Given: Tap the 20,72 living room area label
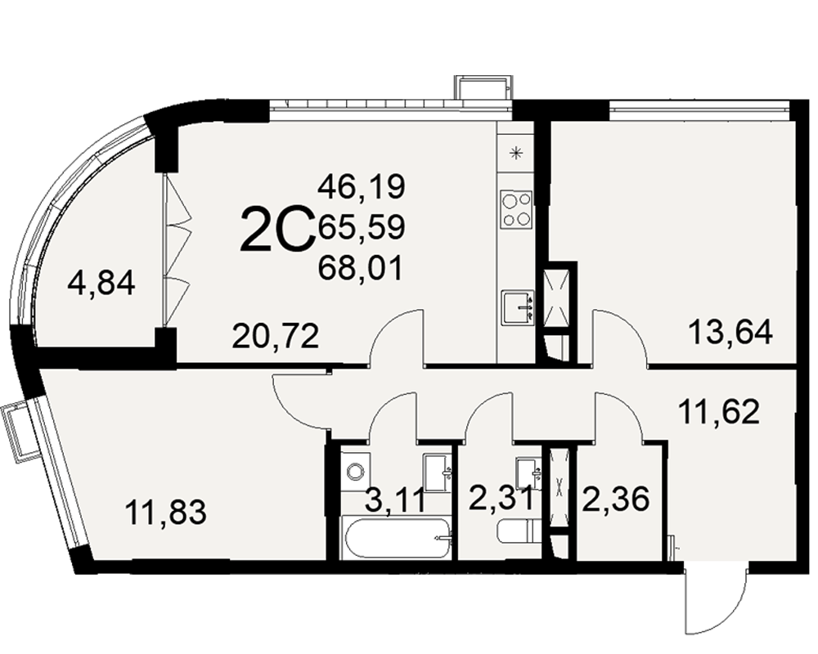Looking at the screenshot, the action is point(276,336).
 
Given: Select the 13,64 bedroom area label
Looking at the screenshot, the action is point(730,332).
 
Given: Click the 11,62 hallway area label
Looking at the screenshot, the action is point(718,412).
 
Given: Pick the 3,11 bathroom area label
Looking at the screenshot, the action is point(394,499).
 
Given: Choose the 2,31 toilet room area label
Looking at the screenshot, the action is point(501,499).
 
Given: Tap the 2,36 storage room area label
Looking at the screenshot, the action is point(616,499).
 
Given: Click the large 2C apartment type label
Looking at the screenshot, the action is point(278,228).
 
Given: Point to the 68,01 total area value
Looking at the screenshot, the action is point(361,269).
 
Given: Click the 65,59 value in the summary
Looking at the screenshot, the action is point(362,227).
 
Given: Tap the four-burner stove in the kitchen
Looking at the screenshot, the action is point(516,209).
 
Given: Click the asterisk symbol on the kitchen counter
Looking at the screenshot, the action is point(516,153).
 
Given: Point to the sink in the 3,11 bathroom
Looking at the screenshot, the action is point(437,473).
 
